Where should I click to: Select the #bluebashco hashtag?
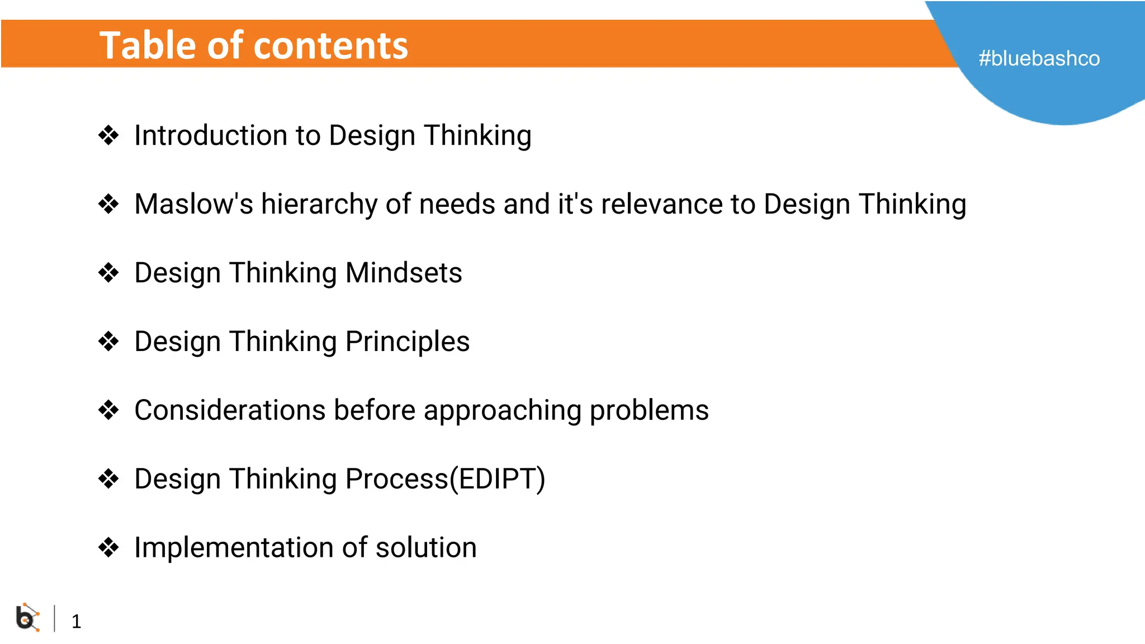[x=1039, y=59]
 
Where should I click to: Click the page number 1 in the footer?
[x=76, y=621]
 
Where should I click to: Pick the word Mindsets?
[x=404, y=273]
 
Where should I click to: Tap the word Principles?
[x=408, y=342]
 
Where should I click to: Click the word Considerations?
[x=230, y=410]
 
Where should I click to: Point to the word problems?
[x=649, y=411]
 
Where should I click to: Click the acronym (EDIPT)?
[x=498, y=480]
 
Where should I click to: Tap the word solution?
[x=426, y=548]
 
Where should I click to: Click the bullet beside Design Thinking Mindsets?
[x=108, y=273]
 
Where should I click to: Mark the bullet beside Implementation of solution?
[x=108, y=547]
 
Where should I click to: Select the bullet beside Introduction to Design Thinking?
[x=108, y=135]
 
